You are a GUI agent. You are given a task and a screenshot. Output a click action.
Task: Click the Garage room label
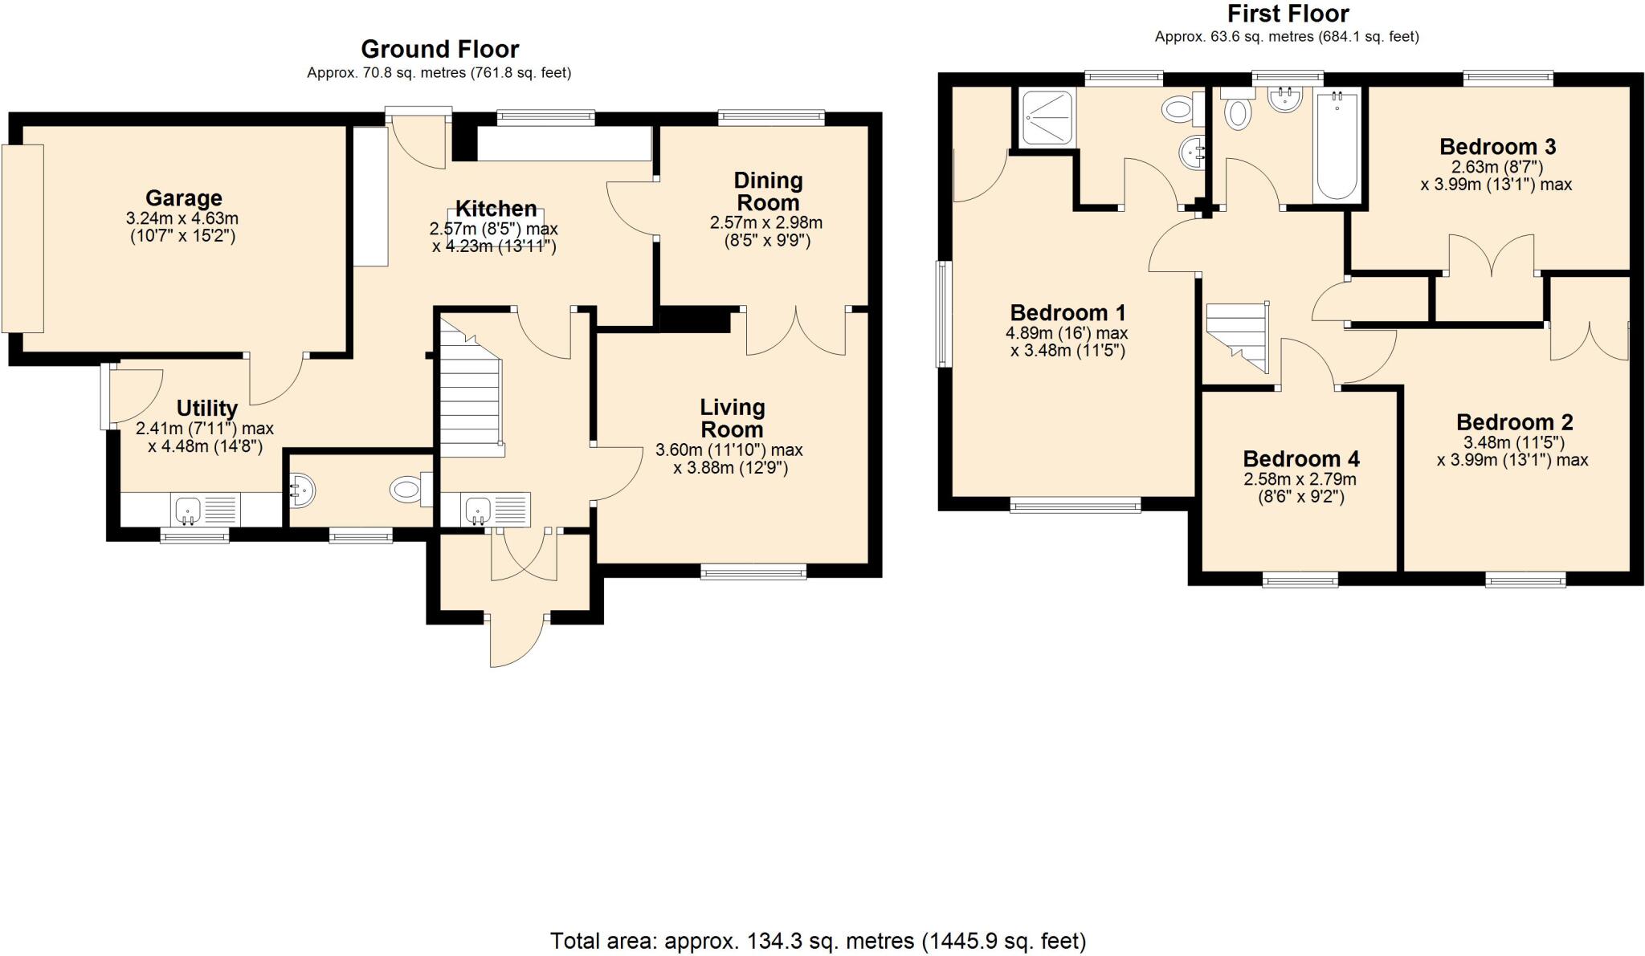click(183, 197)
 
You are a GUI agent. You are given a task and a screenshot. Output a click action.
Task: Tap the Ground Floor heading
click(439, 49)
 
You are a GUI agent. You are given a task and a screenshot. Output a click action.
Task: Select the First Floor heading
click(1288, 14)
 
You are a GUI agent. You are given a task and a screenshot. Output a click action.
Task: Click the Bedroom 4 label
click(1300, 459)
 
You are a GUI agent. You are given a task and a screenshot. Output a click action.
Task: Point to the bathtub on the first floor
click(1337, 146)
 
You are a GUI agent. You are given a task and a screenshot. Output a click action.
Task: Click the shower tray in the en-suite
click(1046, 118)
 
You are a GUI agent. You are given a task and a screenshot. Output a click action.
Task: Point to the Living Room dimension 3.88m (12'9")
click(730, 468)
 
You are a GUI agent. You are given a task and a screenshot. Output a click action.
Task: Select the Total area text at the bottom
click(817, 941)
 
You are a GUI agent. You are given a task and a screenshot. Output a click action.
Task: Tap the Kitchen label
click(496, 209)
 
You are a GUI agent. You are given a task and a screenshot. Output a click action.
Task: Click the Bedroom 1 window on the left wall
click(944, 314)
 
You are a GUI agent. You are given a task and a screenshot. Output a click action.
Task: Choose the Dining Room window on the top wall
click(771, 118)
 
